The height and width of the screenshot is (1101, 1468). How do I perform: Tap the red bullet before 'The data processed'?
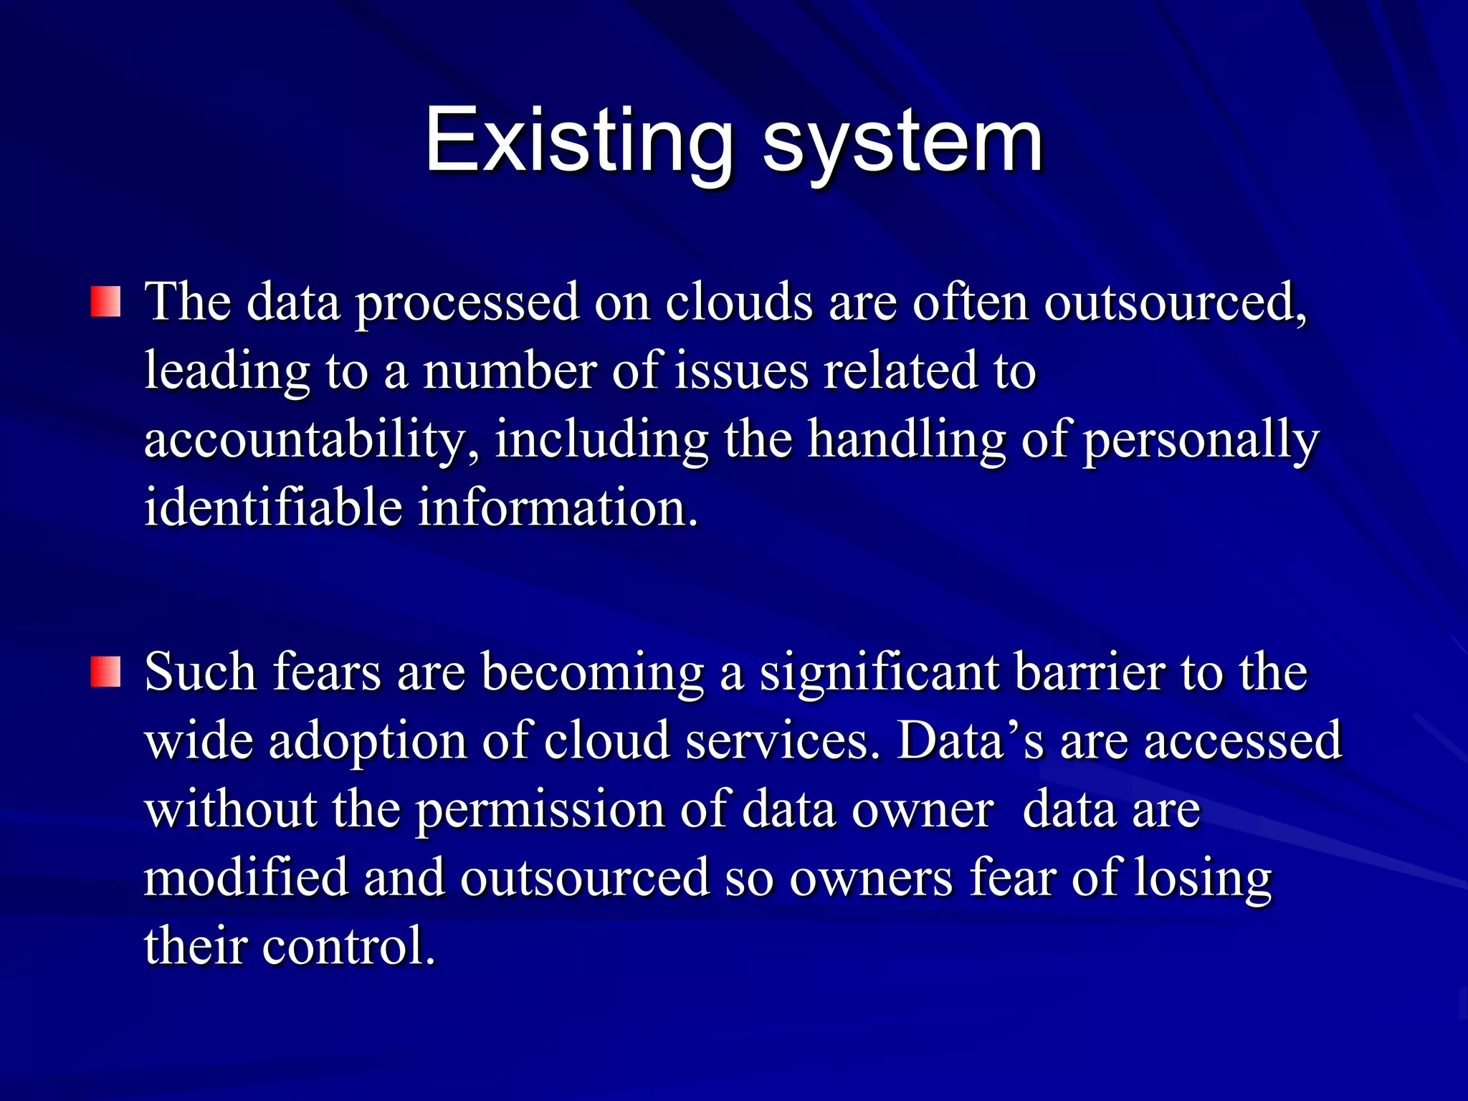point(105,302)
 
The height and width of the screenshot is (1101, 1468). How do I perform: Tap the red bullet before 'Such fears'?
point(105,672)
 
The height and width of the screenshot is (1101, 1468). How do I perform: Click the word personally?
point(1201,439)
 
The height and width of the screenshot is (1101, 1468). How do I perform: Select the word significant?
point(880,672)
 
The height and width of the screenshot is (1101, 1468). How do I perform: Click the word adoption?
point(367,741)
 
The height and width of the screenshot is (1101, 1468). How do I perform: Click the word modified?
point(246,878)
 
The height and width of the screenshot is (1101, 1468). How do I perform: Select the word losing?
point(1203,878)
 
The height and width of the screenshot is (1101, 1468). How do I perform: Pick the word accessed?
point(1242,741)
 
